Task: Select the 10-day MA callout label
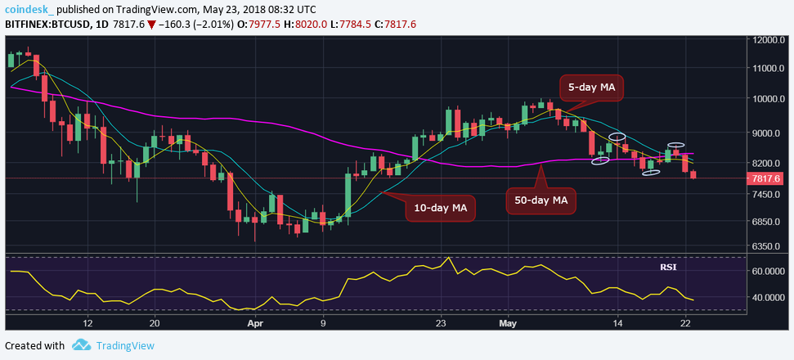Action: [x=440, y=208]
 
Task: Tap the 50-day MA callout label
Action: [x=541, y=199]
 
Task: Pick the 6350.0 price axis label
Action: [x=771, y=246]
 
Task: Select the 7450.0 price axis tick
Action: [x=771, y=195]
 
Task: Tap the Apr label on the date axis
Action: [x=255, y=323]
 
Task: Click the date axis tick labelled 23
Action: [x=440, y=323]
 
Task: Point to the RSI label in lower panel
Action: [x=669, y=267]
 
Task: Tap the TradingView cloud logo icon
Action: [x=80, y=345]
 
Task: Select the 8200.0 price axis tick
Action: [x=771, y=164]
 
